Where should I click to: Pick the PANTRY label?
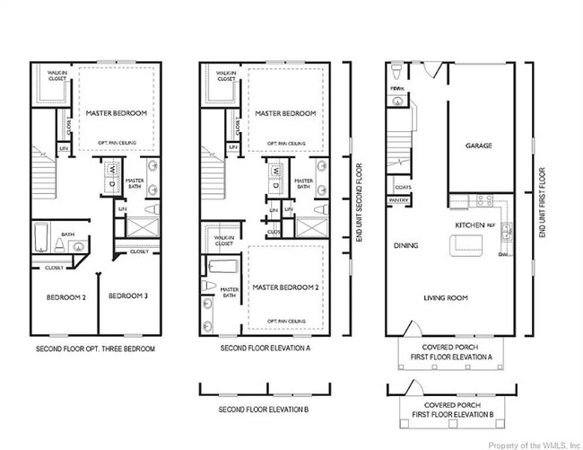[399, 200]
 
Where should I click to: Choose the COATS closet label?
[403, 187]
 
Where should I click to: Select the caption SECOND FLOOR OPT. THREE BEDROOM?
[95, 349]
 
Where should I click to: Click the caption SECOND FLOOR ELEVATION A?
[265, 349]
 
